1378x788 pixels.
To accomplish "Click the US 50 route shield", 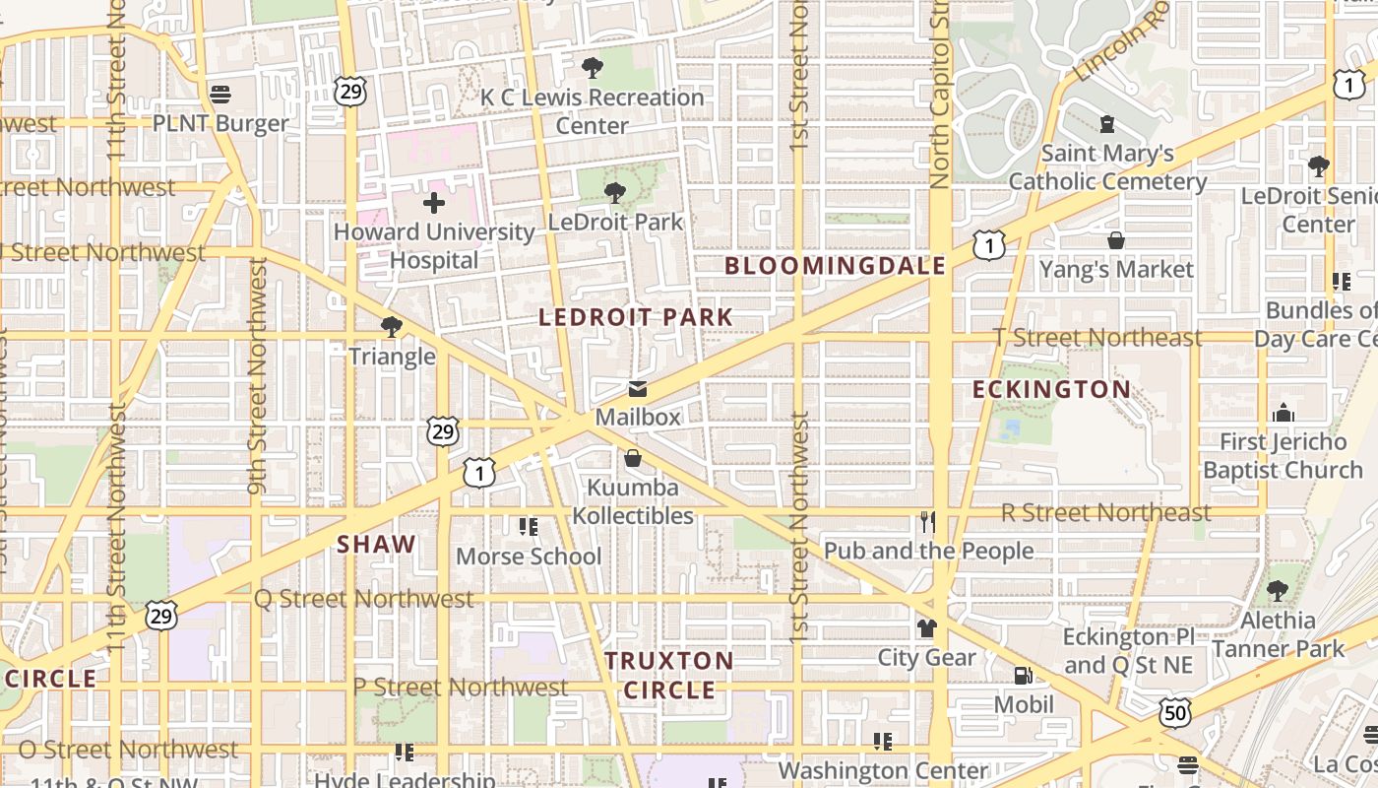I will point(1175,712).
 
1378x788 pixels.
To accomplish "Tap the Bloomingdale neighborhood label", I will point(835,265).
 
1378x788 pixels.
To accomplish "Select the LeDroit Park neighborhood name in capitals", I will point(636,317).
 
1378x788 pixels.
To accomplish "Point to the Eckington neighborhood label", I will point(1051,389).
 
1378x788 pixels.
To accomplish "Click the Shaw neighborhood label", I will point(376,544).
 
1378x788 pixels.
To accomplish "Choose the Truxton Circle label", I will point(669,675).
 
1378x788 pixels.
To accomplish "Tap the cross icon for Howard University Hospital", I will point(433,203).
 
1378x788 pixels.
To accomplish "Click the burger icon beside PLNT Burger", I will point(220,95).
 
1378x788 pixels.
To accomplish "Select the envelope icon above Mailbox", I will point(638,389).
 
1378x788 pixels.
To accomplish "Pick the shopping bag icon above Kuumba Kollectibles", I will point(633,459).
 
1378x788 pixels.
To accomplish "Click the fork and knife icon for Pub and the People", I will point(927,521).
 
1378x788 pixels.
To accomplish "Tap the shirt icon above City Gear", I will point(926,627).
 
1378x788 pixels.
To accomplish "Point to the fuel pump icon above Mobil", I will point(1024,676).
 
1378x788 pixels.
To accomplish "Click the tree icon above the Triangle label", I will point(392,326).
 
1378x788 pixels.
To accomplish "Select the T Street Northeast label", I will point(1097,337).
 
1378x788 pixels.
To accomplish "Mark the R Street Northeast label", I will point(1105,512).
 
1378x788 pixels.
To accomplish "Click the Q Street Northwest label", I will point(363,599).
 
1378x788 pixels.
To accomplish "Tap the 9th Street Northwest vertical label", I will point(258,376).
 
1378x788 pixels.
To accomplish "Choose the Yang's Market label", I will point(1116,269).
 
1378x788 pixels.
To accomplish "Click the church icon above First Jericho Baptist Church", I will point(1283,413).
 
